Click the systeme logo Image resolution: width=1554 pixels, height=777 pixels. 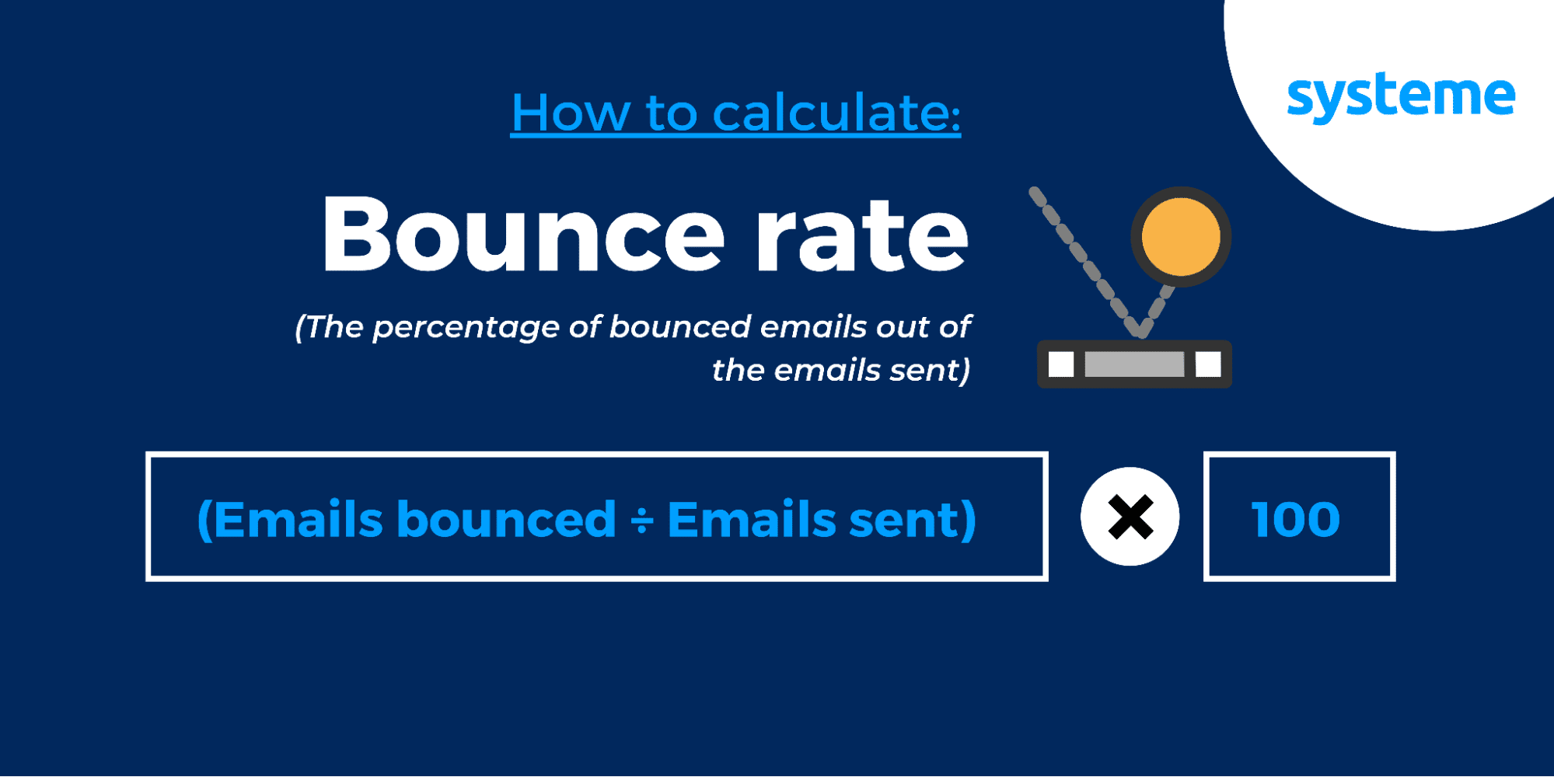1401,97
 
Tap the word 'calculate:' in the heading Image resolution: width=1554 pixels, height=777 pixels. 836,113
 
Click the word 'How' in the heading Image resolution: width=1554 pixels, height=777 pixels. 571,113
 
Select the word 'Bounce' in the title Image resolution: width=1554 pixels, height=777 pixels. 523,235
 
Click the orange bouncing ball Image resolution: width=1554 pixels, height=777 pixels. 1181,236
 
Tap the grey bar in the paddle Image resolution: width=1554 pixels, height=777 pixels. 1134,364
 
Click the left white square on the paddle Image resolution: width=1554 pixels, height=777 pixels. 1061,364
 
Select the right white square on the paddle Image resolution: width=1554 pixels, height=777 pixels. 1208,364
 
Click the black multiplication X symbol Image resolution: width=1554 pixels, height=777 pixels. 1130,517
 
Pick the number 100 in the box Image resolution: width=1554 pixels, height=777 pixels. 1296,519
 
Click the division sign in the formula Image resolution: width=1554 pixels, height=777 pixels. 641,520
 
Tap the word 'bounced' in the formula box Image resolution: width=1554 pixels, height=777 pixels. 506,519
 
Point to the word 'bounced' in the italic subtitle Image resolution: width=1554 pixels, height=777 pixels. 680,326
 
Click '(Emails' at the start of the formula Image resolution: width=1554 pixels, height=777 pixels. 290,519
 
